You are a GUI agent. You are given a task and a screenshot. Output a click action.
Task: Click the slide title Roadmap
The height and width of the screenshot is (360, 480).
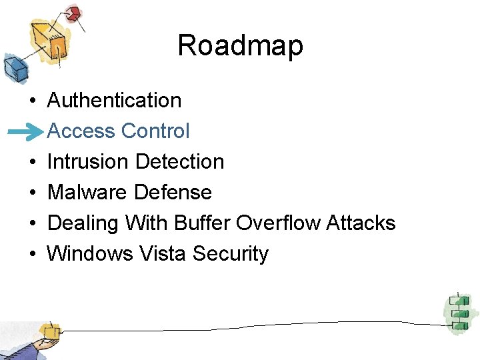pos(240,46)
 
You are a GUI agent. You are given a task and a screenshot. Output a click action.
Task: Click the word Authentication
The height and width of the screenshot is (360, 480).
pos(114,100)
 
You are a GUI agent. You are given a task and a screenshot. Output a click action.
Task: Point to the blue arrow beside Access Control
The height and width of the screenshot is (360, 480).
pos(27,133)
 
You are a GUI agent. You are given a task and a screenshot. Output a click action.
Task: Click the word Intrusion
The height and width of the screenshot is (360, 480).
pos(88,161)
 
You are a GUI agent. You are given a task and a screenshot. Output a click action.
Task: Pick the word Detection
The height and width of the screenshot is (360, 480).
pos(179,161)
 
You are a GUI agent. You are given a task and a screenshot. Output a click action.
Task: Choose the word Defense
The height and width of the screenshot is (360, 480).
pos(173,192)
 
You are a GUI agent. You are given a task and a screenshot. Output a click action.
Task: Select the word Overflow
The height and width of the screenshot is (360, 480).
pos(278,223)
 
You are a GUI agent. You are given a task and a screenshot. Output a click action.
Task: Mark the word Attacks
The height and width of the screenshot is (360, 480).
pos(361,223)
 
